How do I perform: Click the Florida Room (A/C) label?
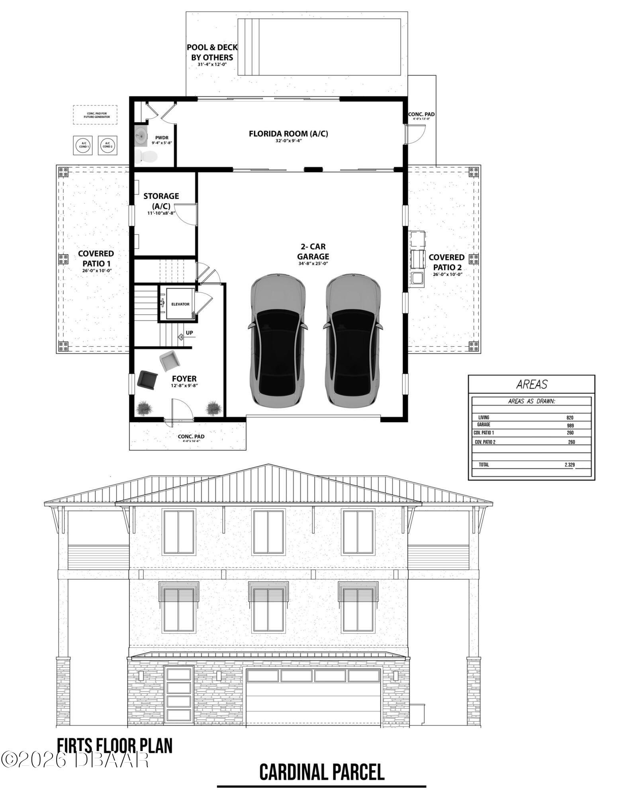pos(288,134)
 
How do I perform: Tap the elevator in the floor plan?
pos(180,304)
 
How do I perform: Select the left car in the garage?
pos(278,340)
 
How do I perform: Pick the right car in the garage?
pos(353,340)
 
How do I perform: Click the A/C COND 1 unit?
pos(84,145)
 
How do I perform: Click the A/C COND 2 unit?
pos(107,145)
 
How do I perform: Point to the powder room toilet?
pos(145,156)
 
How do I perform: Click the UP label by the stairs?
pos(189,333)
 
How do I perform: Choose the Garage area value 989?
pos(570,425)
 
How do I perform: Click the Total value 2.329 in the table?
pos(570,464)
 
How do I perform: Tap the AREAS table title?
pos(532,384)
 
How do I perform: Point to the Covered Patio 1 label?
pos(96,259)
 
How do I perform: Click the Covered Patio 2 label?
pos(446,262)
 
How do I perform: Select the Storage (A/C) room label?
pos(161,201)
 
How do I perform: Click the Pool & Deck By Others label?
pos(212,53)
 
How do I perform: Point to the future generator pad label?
pos(95,115)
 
